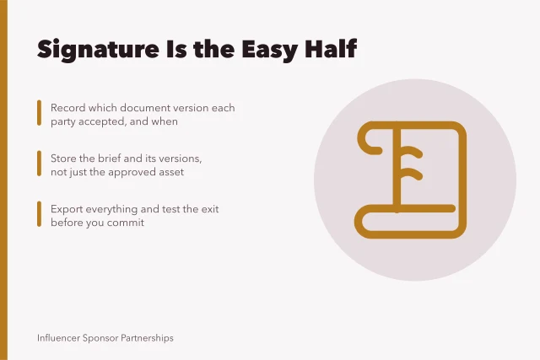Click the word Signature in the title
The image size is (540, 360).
point(98,50)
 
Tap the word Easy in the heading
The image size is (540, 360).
point(270,50)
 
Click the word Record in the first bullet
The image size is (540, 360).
point(67,108)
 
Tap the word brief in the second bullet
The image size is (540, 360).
point(109,159)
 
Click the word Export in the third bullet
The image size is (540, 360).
point(67,209)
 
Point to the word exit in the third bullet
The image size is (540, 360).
point(210,209)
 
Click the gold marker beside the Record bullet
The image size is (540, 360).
point(40,113)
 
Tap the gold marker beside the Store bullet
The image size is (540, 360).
point(40,164)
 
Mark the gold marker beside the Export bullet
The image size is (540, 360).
point(40,214)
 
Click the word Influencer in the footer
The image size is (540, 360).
point(58,338)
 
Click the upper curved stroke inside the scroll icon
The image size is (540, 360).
point(411,152)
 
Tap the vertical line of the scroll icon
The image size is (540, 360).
point(397,167)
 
